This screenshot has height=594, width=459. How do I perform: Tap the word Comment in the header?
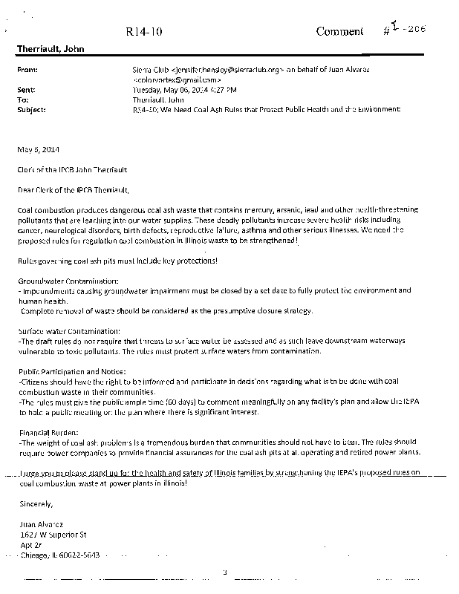[339, 31]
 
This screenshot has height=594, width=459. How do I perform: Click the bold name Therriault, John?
[51, 50]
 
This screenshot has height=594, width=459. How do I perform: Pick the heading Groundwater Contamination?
[68, 282]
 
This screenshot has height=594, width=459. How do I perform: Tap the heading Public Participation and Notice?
[72, 371]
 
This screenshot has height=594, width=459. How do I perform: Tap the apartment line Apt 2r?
[31, 544]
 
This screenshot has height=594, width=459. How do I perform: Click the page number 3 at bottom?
[224, 571]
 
